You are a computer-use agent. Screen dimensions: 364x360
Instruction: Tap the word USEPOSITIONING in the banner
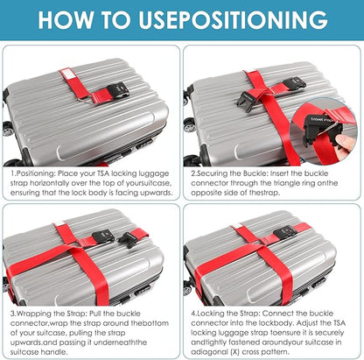(x=234, y=19)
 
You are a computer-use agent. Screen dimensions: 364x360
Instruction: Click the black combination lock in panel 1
(x=117, y=89)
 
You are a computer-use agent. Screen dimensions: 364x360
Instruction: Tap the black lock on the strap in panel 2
(x=295, y=82)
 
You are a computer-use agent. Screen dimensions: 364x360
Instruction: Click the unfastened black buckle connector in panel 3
(x=129, y=238)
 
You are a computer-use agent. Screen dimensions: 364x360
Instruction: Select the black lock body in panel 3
(x=103, y=235)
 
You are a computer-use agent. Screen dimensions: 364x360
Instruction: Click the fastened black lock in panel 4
(x=285, y=232)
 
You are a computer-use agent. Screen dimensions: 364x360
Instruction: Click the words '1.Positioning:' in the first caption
(x=32, y=173)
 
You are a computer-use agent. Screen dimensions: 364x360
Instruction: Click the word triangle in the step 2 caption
(x=289, y=183)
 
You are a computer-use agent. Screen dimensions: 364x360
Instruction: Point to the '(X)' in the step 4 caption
(x=234, y=352)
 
